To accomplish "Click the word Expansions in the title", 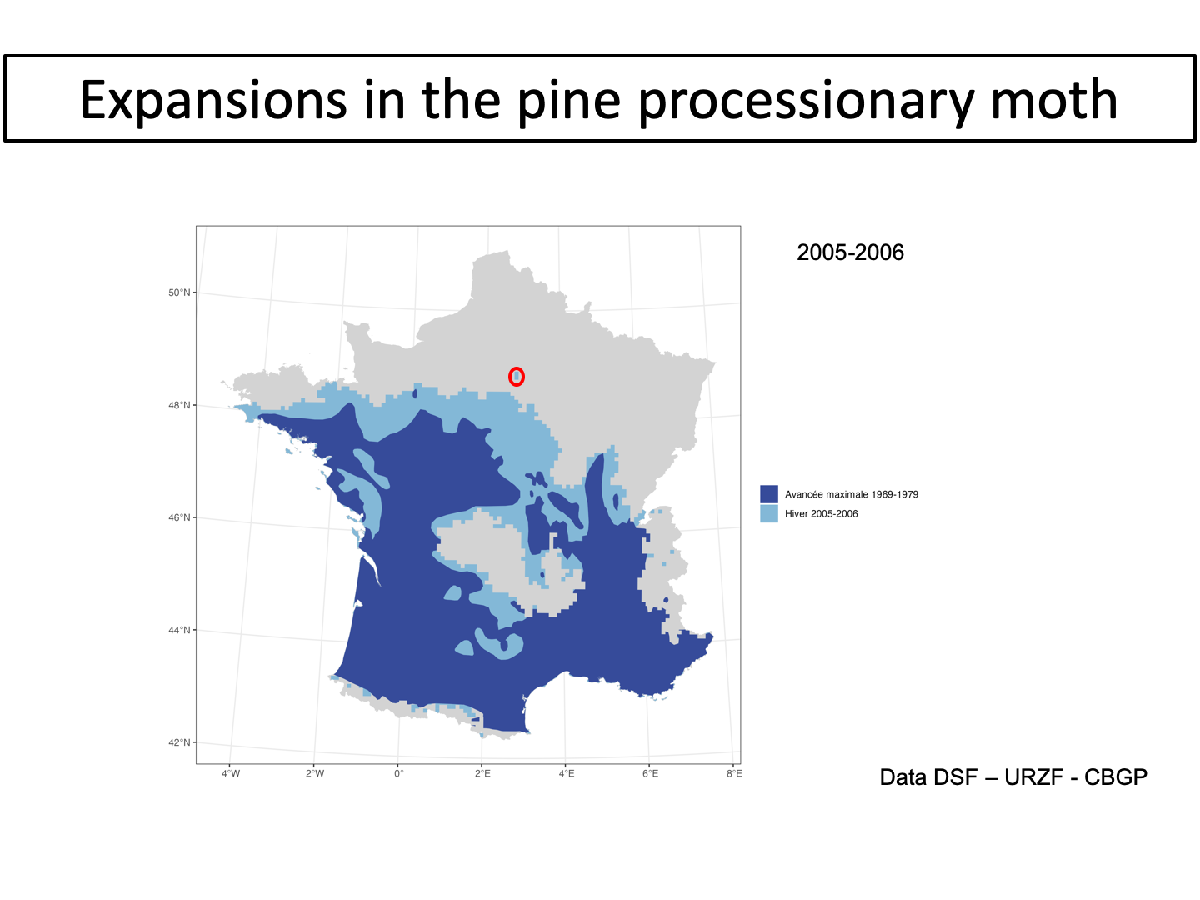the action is click(214, 100).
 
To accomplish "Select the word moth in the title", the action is click(1054, 100).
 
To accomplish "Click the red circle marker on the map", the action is click(517, 377).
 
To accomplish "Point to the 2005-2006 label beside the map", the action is click(850, 252).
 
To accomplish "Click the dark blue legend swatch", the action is click(768, 494).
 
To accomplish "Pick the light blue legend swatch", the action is click(768, 513).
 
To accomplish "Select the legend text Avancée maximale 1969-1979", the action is click(851, 494).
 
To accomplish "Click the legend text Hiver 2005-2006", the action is click(821, 513).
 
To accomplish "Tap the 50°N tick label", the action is click(179, 292).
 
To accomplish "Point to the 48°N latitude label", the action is click(179, 406).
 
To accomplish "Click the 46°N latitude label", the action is click(179, 517).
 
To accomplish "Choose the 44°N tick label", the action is click(179, 630).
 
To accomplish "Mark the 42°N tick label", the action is click(179, 742).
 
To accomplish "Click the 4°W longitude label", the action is click(231, 774).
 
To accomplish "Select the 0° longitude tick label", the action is click(399, 774).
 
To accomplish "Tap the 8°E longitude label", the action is click(734, 774).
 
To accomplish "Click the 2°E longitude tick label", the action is click(482, 774).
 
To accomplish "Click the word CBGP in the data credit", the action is click(1116, 777).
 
